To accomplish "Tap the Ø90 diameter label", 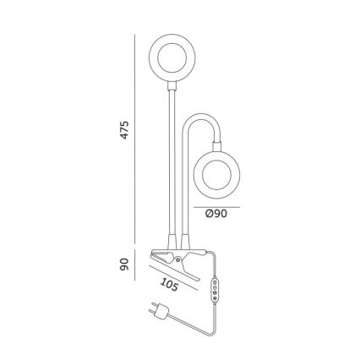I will point(217,215).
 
